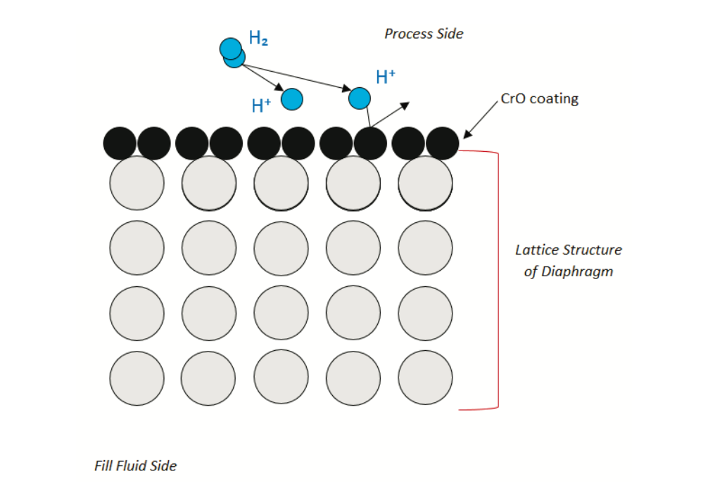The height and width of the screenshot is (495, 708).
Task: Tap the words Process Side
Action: (x=424, y=34)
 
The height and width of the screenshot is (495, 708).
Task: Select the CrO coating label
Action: (x=539, y=98)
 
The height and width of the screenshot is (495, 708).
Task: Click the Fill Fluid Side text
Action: (x=136, y=465)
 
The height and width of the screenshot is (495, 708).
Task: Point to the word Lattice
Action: (x=538, y=250)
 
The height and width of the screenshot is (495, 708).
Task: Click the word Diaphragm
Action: (x=578, y=271)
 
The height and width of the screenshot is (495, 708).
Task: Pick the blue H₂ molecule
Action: (x=232, y=52)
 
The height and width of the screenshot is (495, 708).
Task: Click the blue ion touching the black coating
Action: (x=360, y=98)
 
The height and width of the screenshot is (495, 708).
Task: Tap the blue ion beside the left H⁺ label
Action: (x=292, y=99)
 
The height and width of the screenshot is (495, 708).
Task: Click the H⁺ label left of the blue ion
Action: (x=261, y=106)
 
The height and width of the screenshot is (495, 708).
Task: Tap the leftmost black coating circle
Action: (x=120, y=143)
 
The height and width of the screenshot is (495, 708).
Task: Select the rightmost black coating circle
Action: (x=443, y=143)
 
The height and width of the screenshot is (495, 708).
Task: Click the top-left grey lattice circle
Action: (x=137, y=183)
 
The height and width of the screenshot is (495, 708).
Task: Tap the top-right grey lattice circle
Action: (x=425, y=183)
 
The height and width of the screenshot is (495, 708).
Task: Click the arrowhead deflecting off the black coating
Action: (x=405, y=105)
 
